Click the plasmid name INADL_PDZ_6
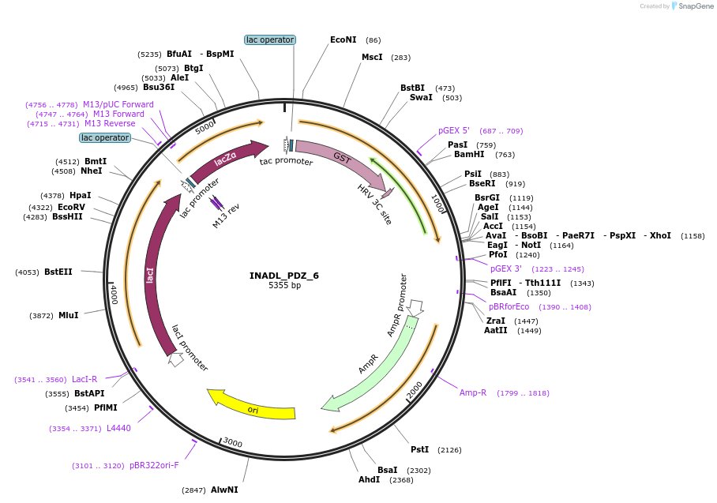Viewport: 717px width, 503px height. (x=284, y=276)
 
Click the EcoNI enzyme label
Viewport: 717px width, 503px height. (x=343, y=39)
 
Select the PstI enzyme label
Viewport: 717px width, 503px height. (x=419, y=449)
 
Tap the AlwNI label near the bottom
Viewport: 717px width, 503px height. (x=224, y=490)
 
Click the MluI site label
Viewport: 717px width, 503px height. (x=68, y=315)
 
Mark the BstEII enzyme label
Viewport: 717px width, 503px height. (x=58, y=272)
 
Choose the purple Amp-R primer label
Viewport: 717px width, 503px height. (x=473, y=392)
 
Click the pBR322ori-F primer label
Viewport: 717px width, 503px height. (x=154, y=465)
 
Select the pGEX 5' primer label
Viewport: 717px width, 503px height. (x=454, y=130)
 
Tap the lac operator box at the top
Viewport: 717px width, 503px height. (x=270, y=39)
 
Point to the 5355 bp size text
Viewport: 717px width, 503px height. (x=284, y=285)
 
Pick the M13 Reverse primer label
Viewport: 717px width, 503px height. (x=110, y=123)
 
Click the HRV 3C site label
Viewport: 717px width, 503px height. (x=374, y=205)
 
